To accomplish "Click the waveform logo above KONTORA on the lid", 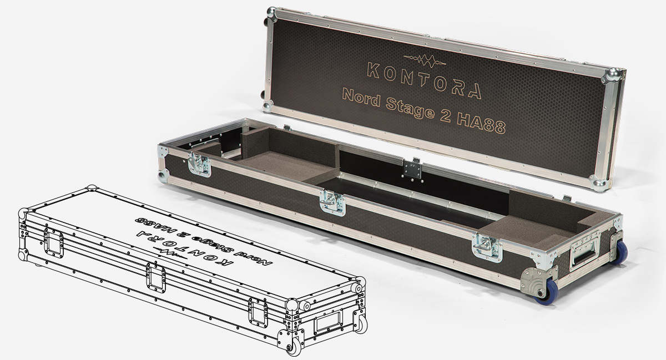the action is [425, 60].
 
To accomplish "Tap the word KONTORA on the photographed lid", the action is [424, 80].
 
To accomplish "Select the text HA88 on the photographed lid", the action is [481, 123].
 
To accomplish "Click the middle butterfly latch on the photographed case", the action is [332, 202].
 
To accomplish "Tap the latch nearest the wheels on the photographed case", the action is [488, 248].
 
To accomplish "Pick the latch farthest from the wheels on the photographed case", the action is [199, 165].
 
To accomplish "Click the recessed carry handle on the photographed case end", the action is [584, 253].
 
